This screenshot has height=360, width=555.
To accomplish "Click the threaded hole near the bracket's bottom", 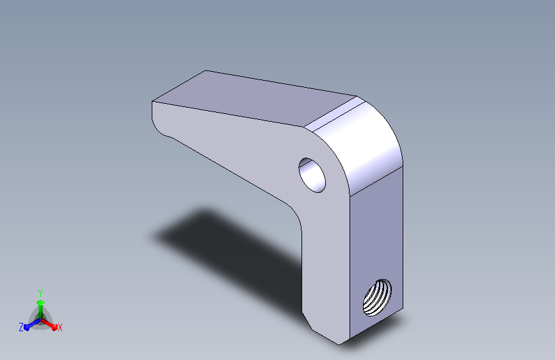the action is (x=377, y=297).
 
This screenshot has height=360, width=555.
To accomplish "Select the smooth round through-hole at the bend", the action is (x=312, y=175).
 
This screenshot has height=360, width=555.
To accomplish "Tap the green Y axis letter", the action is (x=40, y=293).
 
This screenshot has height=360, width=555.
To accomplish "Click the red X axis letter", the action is (x=60, y=328).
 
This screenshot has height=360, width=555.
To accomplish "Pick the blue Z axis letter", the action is (x=21, y=327).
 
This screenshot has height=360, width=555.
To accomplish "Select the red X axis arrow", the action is (x=49, y=324).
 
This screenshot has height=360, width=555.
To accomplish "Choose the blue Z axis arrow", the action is (x=32, y=324).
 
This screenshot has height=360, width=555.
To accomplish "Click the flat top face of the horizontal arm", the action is (x=254, y=98).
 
